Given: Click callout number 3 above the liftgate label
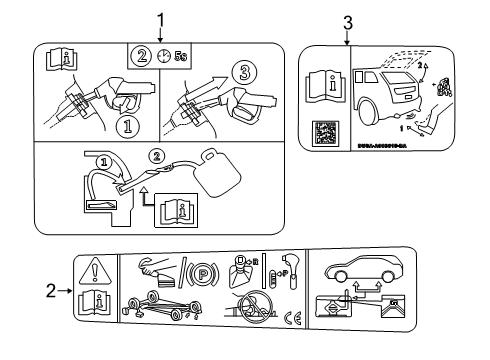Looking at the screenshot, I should pyautogui.click(x=347, y=21).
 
